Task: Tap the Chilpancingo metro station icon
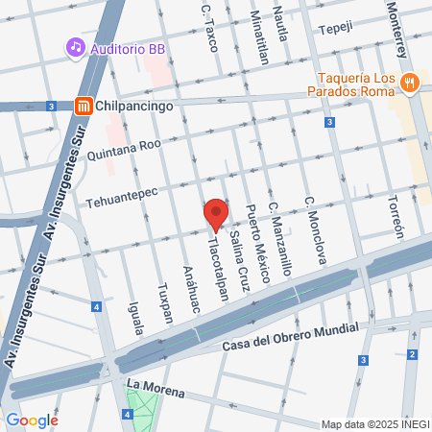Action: pyautogui.click(x=84, y=107)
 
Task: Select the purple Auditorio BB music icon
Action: pyautogui.click(x=75, y=46)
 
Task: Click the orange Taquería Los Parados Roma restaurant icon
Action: pyautogui.click(x=410, y=83)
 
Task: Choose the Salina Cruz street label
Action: pyautogui.click(x=237, y=252)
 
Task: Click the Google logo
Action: pyautogui.click(x=32, y=420)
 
